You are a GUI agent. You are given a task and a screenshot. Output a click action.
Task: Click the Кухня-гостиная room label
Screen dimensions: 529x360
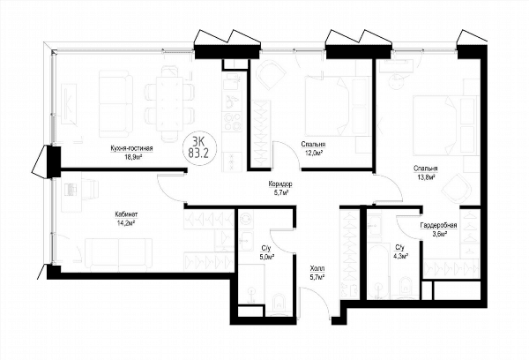tap(131, 148)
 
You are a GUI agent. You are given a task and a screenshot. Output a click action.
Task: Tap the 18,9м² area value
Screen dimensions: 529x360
tap(132, 156)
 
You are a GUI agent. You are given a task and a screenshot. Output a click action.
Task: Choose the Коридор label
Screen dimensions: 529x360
tap(280, 184)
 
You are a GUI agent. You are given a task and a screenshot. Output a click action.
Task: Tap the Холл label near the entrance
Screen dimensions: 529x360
tap(317, 269)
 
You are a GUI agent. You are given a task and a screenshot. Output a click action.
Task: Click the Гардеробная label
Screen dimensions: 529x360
tap(438, 226)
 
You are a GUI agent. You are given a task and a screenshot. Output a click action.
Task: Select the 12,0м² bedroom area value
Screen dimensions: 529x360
tap(313, 153)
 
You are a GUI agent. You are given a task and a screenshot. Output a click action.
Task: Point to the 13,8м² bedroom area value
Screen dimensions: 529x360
tap(426, 176)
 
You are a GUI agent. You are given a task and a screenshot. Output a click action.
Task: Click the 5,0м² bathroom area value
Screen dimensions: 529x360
tap(266, 256)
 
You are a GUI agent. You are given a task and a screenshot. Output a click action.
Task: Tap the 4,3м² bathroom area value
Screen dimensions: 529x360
tap(401, 256)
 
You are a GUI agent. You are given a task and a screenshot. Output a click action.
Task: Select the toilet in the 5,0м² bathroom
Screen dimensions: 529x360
tap(279, 304)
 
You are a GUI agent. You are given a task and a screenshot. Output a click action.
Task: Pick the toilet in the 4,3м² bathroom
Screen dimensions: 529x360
tap(406, 287)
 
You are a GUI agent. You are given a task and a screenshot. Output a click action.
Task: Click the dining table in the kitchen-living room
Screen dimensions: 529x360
tap(169, 104)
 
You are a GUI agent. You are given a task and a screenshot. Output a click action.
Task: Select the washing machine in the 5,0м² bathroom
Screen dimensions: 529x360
tap(247, 219)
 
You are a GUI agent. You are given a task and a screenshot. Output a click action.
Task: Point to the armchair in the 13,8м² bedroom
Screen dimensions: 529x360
tap(456, 187)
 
